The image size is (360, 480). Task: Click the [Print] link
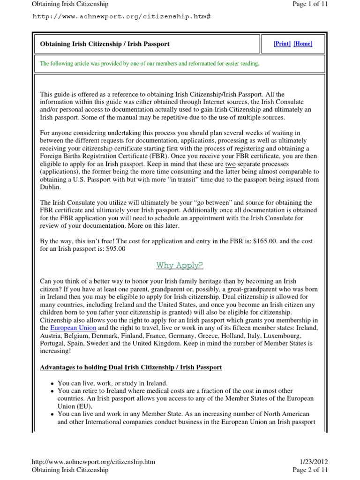(282, 44)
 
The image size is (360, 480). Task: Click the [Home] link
(303, 44)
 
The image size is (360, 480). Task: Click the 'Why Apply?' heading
(180, 265)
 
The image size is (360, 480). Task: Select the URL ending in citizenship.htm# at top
(121, 16)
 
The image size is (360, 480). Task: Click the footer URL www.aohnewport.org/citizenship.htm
(93, 462)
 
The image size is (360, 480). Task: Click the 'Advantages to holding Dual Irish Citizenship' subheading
(131, 367)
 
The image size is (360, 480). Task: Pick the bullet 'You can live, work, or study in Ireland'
(112, 383)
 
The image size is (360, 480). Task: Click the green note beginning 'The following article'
(150, 63)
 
